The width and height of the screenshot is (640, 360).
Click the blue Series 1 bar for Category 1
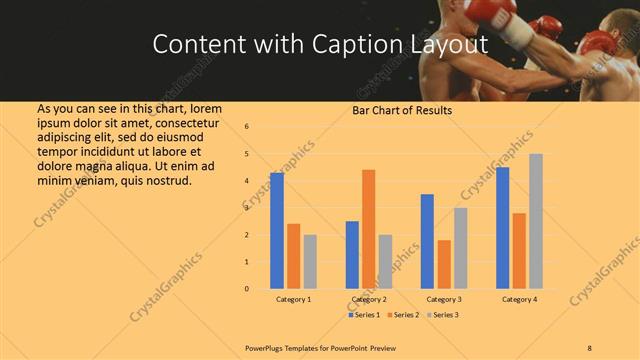point(277,231)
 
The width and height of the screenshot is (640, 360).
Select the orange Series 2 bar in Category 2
point(369,229)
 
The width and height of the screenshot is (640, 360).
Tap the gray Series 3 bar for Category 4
point(536,221)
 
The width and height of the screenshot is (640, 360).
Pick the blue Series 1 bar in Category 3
point(427,241)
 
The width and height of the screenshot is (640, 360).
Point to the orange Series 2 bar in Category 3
point(444,264)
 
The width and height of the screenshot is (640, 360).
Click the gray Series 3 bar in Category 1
point(310,262)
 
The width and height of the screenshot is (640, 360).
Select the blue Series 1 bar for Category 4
point(502,228)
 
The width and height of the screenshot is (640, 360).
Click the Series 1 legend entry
point(365,315)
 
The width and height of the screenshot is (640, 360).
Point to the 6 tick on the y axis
point(247,126)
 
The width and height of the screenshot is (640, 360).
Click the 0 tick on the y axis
point(247,289)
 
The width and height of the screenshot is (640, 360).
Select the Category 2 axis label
point(369,300)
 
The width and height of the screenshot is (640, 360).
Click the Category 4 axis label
point(519,300)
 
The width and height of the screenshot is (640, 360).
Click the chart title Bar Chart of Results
point(402,110)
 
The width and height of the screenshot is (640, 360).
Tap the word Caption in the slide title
point(364,45)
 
